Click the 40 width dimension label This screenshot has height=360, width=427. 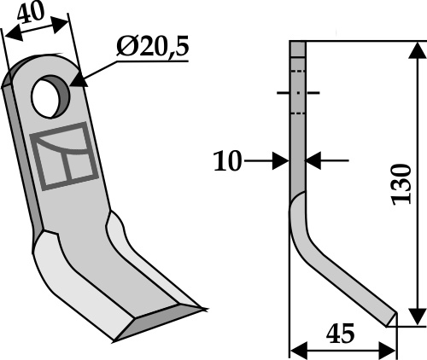[31, 13]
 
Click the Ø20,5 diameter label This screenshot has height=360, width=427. [152, 47]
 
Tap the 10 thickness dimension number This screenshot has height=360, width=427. [227, 161]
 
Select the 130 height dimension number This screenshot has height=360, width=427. [401, 184]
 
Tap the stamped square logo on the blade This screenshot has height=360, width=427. [64, 156]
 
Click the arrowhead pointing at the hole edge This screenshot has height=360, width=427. [79, 79]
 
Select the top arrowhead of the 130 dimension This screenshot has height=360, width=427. [418, 50]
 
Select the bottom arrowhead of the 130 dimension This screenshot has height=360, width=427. [418, 316]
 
